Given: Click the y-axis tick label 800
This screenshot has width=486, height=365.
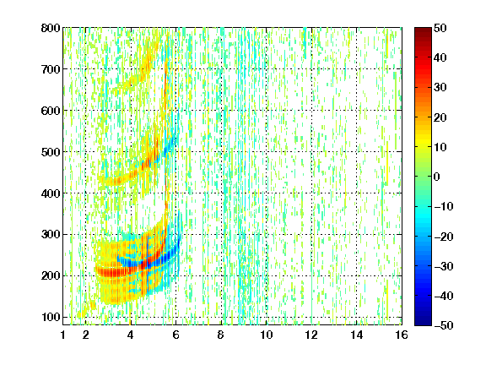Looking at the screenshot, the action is [x=51, y=28].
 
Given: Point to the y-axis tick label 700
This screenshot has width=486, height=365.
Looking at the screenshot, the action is [x=51, y=69].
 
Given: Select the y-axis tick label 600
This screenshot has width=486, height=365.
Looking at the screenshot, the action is [x=51, y=111].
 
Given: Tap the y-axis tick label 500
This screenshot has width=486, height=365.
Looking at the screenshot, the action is [x=51, y=152].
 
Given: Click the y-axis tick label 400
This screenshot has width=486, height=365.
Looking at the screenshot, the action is [x=51, y=193].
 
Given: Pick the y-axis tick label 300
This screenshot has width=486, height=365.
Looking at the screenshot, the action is [x=51, y=235].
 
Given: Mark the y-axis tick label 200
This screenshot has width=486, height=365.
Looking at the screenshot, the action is [x=51, y=276].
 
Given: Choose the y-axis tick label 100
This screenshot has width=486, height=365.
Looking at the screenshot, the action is [x=51, y=317].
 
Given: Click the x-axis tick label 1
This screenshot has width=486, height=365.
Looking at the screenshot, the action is [x=63, y=335].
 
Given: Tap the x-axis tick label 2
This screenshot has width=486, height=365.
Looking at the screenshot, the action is [x=86, y=335].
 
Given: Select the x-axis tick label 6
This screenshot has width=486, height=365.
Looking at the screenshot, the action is [x=176, y=335].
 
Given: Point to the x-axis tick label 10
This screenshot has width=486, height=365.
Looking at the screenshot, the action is [x=267, y=335].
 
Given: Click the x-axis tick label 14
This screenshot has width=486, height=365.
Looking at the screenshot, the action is [x=357, y=335].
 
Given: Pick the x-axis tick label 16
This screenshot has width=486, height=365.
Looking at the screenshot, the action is [x=402, y=335].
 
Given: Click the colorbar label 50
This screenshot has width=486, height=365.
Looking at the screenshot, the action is [x=440, y=28].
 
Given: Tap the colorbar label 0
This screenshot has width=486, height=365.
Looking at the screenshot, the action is [x=437, y=177].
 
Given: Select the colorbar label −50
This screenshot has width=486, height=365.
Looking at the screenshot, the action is [x=444, y=325].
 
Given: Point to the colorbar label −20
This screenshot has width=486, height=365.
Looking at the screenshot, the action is [x=444, y=237].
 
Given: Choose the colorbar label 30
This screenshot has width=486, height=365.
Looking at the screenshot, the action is [x=440, y=88].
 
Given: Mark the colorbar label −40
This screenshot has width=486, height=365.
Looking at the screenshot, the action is [x=444, y=296].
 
